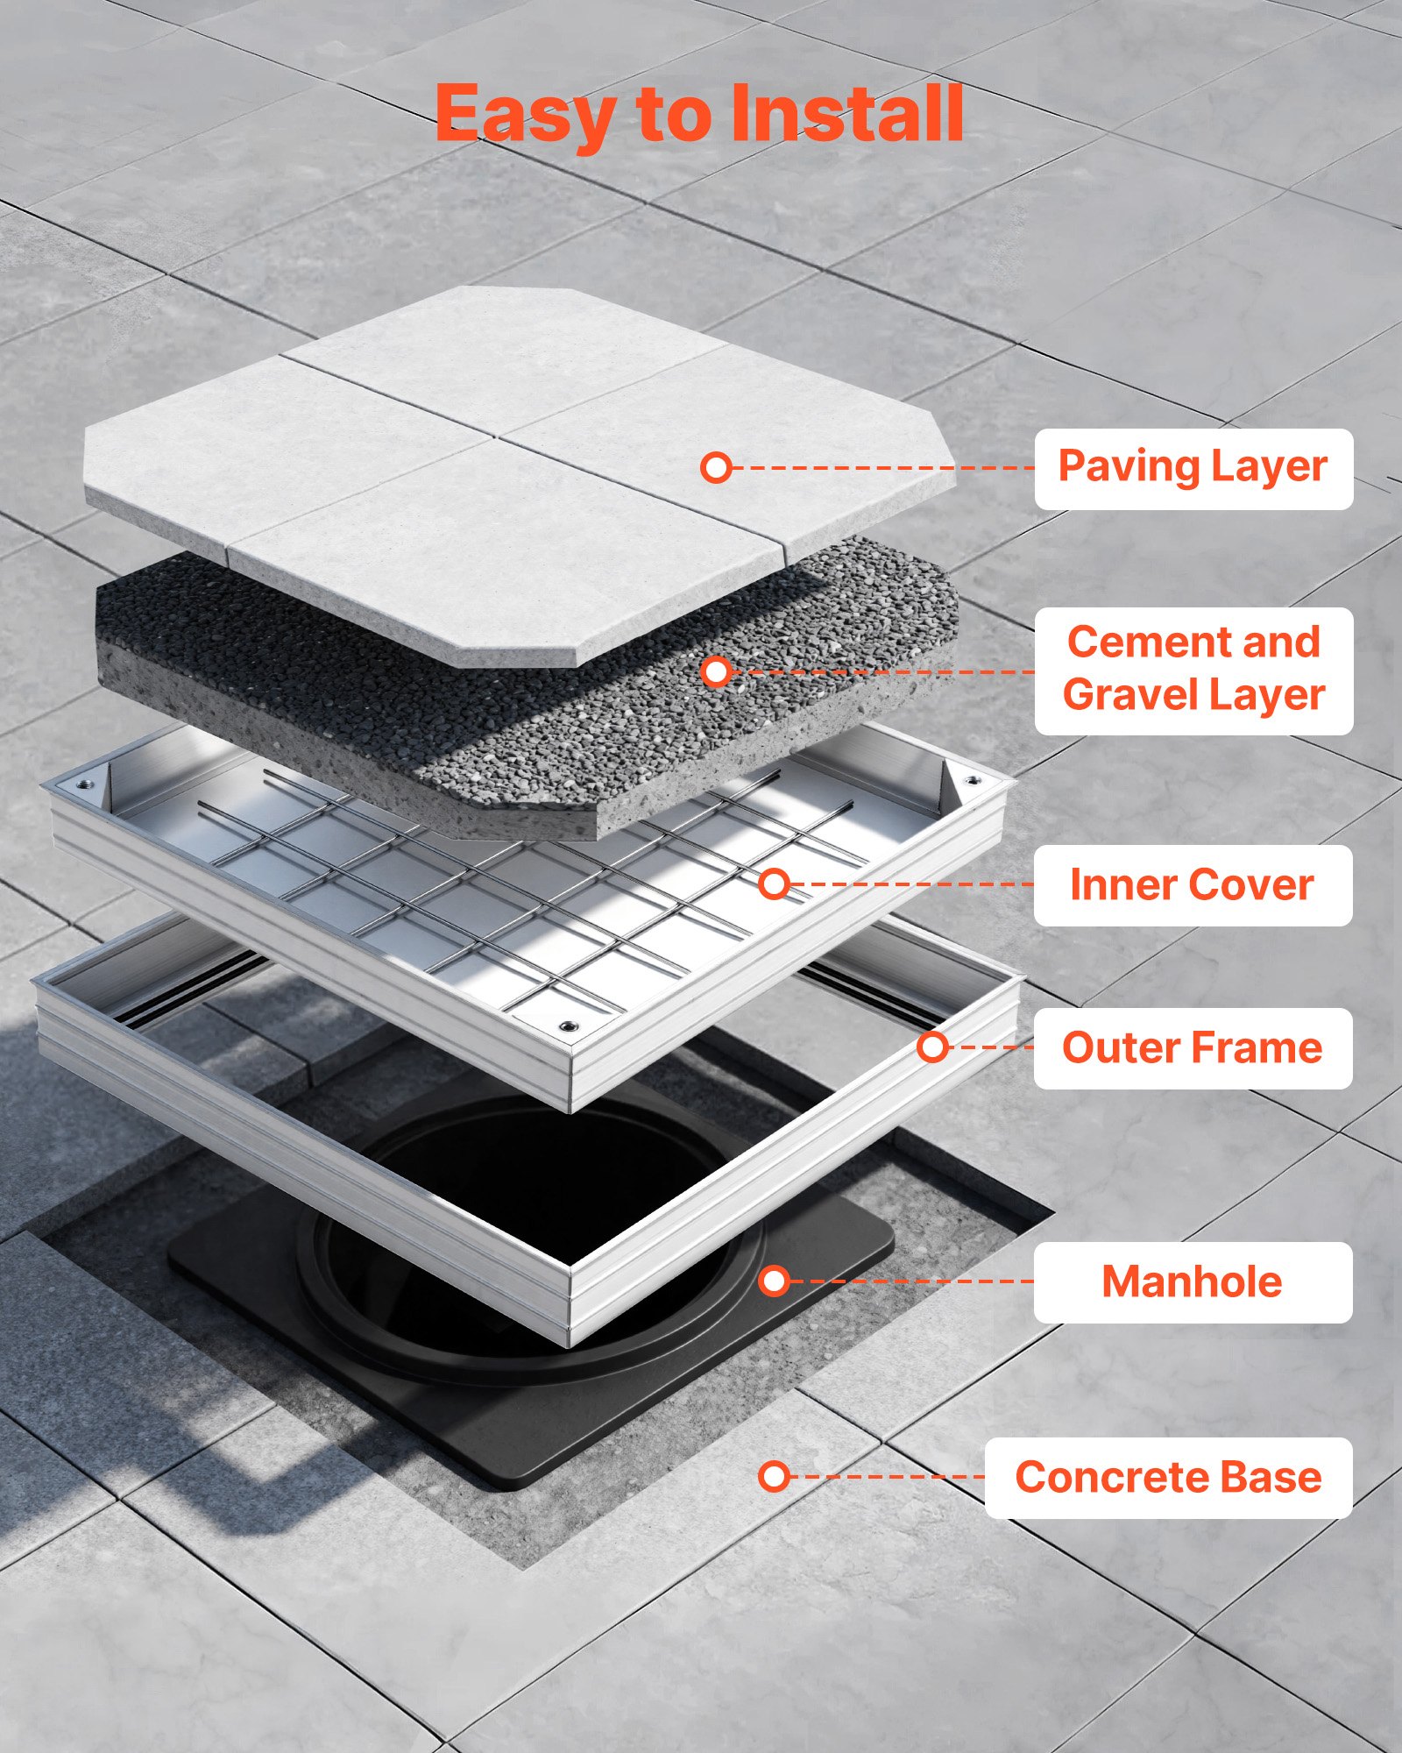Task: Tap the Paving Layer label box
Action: pyautogui.click(x=1193, y=468)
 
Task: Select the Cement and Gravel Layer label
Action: pyautogui.click(x=1193, y=671)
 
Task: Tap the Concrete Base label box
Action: pyautogui.click(x=1168, y=1478)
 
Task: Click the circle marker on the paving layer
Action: pyautogui.click(x=717, y=467)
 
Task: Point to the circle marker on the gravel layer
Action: pyautogui.click(x=717, y=672)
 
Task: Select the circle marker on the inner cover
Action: pyautogui.click(x=775, y=884)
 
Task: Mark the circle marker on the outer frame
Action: pyautogui.click(x=933, y=1047)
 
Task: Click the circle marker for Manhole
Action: pyautogui.click(x=775, y=1281)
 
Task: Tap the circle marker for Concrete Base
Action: pyautogui.click(x=775, y=1477)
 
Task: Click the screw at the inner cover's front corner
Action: pyautogui.click(x=569, y=1027)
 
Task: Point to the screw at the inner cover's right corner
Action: pyautogui.click(x=971, y=780)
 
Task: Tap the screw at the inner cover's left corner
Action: pyautogui.click(x=84, y=784)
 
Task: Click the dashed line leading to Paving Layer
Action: pyautogui.click(x=876, y=468)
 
